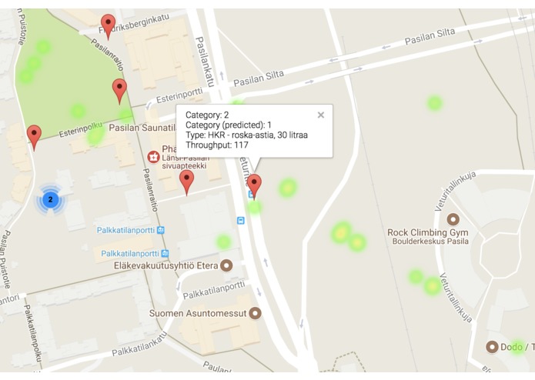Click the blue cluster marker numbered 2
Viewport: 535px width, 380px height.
pyautogui.click(x=50, y=200)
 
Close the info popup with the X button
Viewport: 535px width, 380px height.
pyautogui.click(x=321, y=115)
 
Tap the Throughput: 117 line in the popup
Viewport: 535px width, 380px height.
pyautogui.click(x=217, y=145)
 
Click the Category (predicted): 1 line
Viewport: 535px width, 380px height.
pyautogui.click(x=229, y=125)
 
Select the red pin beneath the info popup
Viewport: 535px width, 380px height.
pyautogui.click(x=254, y=185)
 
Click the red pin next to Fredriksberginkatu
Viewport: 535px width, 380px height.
pyautogui.click(x=109, y=25)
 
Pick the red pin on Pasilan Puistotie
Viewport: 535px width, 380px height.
pyautogui.click(x=34, y=136)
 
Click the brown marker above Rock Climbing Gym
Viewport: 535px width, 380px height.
pyautogui.click(x=453, y=219)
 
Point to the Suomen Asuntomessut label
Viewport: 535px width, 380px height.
pyautogui.click(x=198, y=314)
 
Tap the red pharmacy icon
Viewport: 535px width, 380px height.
pyautogui.click(x=153, y=157)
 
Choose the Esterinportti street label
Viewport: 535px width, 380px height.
pyautogui.click(x=174, y=97)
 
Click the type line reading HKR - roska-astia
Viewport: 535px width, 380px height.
pyautogui.click(x=246, y=135)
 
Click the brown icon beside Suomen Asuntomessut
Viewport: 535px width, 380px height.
pyautogui.click(x=255, y=314)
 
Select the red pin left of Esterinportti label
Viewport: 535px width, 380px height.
pyautogui.click(x=119, y=89)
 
